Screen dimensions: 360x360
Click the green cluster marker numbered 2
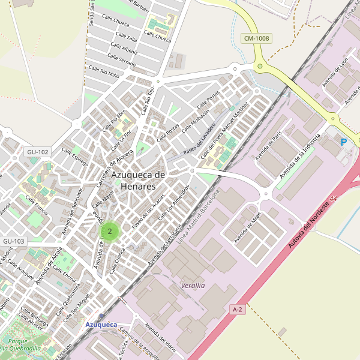[x=110, y=231]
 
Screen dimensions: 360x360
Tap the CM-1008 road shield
[x=257, y=38]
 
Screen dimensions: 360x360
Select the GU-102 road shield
[x=37, y=152]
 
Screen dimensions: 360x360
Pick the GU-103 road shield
[x=14, y=241]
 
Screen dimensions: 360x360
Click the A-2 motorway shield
[x=238, y=309]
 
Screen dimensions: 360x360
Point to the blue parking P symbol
[x=344, y=142]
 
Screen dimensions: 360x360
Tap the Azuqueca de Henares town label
[x=138, y=180]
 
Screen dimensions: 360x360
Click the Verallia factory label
[x=193, y=286]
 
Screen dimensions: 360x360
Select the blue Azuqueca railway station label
[x=101, y=325]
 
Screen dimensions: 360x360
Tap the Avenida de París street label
[x=268, y=146]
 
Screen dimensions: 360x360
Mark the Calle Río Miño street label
[x=104, y=72]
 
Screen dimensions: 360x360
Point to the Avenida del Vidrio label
[x=161, y=339]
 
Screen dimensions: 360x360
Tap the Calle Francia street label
[x=37, y=207]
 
